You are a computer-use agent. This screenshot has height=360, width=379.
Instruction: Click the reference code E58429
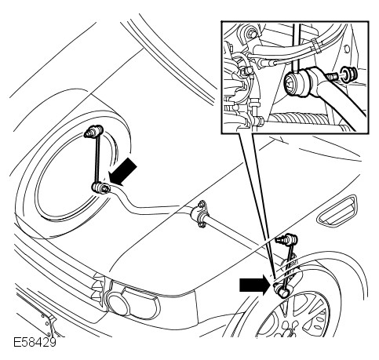(35, 343)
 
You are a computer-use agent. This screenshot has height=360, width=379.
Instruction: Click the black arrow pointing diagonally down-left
(123, 172)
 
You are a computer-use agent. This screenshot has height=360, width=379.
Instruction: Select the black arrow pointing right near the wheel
(254, 285)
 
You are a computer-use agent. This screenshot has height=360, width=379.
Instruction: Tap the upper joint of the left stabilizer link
(93, 131)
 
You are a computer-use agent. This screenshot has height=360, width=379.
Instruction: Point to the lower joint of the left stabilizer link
(100, 187)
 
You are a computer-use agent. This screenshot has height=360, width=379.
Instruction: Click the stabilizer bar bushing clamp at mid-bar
(200, 214)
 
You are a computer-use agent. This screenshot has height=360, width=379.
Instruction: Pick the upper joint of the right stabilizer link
(287, 238)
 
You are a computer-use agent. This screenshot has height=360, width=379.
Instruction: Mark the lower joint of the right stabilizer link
(281, 289)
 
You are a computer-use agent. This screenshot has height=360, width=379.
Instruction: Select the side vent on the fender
(337, 211)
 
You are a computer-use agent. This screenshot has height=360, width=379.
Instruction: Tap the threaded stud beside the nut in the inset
(332, 76)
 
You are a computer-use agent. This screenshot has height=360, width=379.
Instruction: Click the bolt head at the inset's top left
(252, 34)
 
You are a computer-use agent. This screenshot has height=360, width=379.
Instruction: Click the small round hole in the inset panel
(347, 49)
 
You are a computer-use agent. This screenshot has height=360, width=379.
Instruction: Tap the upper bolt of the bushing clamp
(202, 204)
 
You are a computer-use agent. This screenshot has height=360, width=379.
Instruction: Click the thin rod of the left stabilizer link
(97, 159)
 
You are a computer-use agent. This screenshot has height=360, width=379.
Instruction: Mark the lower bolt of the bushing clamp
(201, 224)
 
